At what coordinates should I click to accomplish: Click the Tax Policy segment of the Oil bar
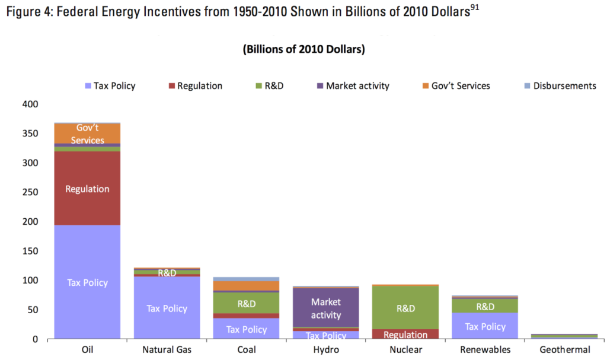tap(87, 282)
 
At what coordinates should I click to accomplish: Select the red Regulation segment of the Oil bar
tap(87, 189)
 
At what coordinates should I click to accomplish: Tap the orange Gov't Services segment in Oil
tap(87, 134)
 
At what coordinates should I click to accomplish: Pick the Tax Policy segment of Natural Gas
tap(167, 308)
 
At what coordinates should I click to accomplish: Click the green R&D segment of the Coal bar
tap(246, 304)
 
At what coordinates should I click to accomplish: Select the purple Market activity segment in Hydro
tap(325, 308)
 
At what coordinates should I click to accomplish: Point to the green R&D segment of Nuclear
tap(405, 308)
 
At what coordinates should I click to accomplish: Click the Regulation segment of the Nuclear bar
tap(405, 334)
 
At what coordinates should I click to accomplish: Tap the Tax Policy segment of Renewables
tap(485, 326)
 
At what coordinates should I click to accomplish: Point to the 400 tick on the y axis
tap(29, 104)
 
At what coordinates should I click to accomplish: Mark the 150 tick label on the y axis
tap(29, 251)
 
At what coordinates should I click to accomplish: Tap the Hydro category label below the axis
tap(325, 350)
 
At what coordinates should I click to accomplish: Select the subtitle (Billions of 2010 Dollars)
tap(303, 49)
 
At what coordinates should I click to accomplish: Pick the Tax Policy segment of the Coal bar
tap(246, 329)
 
